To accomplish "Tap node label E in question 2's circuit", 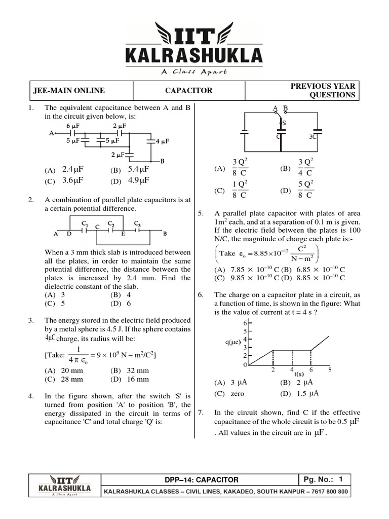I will click(x=123, y=234).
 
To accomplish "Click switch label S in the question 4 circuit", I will click(x=284, y=123).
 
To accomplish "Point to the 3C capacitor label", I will click(x=313, y=137).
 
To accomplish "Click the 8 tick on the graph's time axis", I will click(x=330, y=369).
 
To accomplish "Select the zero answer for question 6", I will click(x=237, y=393).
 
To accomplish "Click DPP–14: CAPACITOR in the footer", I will click(x=201, y=479).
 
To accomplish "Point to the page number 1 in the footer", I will click(x=341, y=479).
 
